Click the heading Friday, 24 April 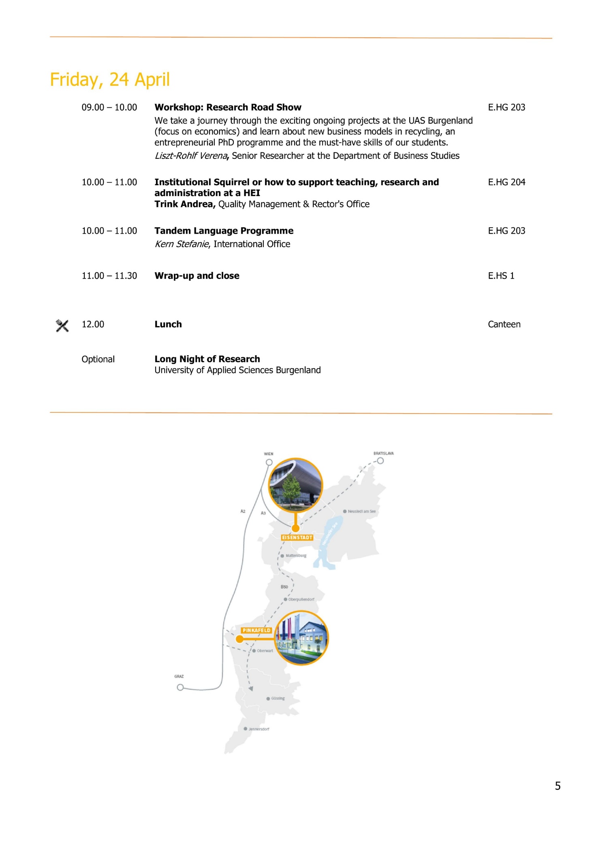coord(109,79)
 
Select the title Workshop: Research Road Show coord(228,107)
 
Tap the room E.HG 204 coord(506,182)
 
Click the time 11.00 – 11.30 coord(109,276)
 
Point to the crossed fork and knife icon coord(62,325)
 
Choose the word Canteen coord(504,324)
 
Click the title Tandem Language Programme coord(224,231)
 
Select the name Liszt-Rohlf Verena coord(191,156)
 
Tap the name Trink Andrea coord(184,204)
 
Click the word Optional coord(98,359)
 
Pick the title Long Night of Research coord(207,359)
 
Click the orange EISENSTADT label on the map coord(297,538)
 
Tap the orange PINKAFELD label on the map coord(256,630)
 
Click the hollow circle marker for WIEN coord(269,462)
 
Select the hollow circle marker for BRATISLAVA coord(380,461)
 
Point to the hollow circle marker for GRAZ coord(180,687)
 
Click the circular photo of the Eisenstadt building coord(296,485)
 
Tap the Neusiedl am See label coord(361,511)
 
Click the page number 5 coord(558,786)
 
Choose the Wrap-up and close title coord(197,276)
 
